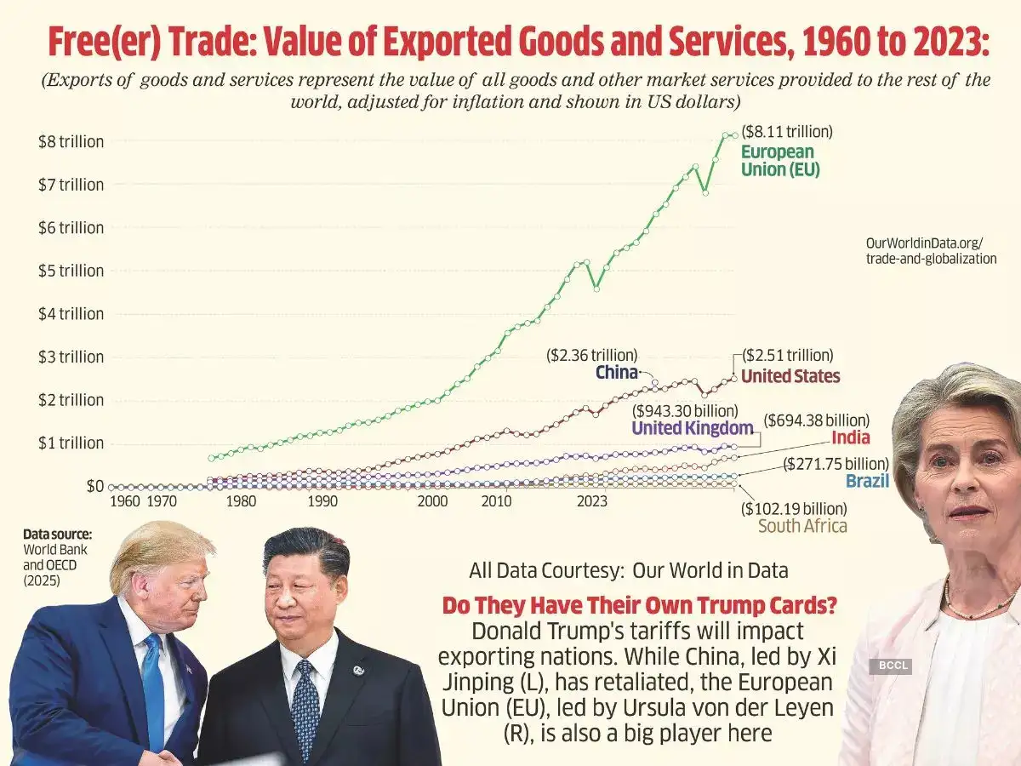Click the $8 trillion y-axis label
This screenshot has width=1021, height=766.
[x=71, y=141]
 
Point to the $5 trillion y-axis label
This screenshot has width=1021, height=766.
[x=71, y=271]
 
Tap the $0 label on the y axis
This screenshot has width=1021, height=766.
[x=94, y=486]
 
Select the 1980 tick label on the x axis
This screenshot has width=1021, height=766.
[x=242, y=501]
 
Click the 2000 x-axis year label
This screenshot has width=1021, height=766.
[x=432, y=501]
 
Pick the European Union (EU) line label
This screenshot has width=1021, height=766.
[x=779, y=161]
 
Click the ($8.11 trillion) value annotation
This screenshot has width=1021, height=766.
[x=787, y=132]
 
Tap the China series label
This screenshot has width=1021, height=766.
[x=617, y=372]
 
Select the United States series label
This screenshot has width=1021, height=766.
[x=790, y=376]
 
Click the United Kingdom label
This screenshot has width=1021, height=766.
[x=693, y=428]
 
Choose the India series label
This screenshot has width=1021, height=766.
[x=851, y=437]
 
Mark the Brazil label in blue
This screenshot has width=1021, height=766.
[x=867, y=481]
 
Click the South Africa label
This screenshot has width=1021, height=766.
[x=802, y=525]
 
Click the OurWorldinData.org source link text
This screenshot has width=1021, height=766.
[x=930, y=251]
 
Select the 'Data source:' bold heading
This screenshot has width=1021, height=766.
[x=57, y=534]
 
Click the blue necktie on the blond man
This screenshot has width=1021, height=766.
[x=154, y=681]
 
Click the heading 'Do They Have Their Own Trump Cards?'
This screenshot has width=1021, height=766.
[x=639, y=607]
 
